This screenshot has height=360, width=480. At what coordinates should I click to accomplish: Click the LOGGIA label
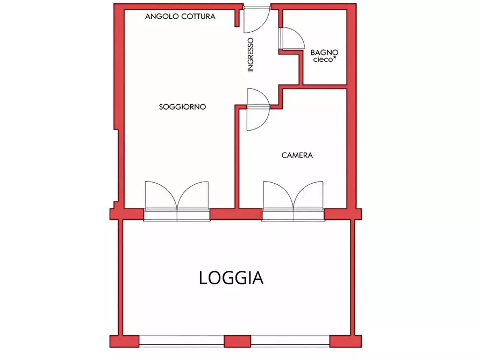(231, 278)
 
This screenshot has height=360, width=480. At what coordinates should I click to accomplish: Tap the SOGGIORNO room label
(182, 107)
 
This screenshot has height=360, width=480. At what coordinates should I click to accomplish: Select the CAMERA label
(297, 155)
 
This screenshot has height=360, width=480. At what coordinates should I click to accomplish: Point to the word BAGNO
(324, 52)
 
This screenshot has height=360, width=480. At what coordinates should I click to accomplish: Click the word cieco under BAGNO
(323, 60)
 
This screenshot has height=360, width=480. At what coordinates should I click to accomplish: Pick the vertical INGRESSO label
(250, 55)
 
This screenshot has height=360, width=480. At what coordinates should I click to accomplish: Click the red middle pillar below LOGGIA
(237, 341)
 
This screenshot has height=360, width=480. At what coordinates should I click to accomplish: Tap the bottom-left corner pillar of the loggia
(124, 341)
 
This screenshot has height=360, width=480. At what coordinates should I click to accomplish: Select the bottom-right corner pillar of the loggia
(346, 341)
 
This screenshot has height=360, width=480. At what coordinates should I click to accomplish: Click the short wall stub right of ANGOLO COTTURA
(237, 18)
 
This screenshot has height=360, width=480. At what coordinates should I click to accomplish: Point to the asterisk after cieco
(335, 57)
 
